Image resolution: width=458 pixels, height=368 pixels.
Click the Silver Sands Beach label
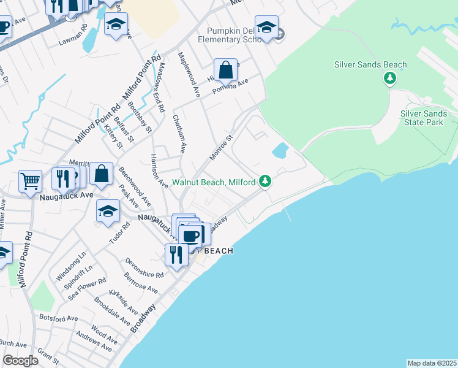click(370, 64)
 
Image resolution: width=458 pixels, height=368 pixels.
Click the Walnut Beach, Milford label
click(214, 182)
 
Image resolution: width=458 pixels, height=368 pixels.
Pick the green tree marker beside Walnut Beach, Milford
click(265, 181)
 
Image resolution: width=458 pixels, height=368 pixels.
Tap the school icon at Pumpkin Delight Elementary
click(266, 28)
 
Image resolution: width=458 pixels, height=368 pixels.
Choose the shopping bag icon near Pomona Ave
click(225, 69)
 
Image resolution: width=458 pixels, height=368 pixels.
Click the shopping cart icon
click(30, 181)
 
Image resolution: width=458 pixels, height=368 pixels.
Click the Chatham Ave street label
click(179, 134)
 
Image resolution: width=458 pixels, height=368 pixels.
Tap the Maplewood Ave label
click(189, 74)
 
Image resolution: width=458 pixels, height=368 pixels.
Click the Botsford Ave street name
click(59, 318)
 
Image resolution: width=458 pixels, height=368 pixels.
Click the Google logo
click(20, 361)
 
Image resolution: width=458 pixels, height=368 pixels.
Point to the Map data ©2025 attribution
click(432, 363)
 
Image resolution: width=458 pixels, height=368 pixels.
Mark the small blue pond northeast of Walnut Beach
click(280, 150)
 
